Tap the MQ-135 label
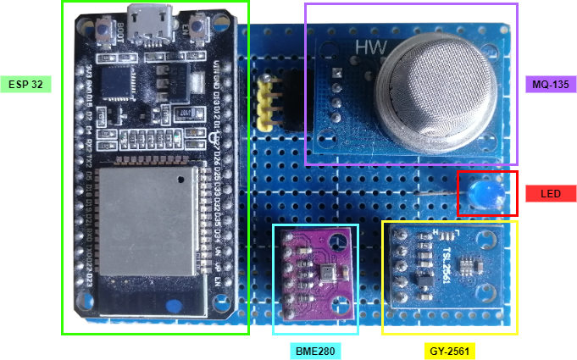click(551, 85)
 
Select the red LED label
click(551, 194)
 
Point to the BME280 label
click(314, 351)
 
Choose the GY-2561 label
click(447, 351)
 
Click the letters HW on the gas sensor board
click(370, 48)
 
